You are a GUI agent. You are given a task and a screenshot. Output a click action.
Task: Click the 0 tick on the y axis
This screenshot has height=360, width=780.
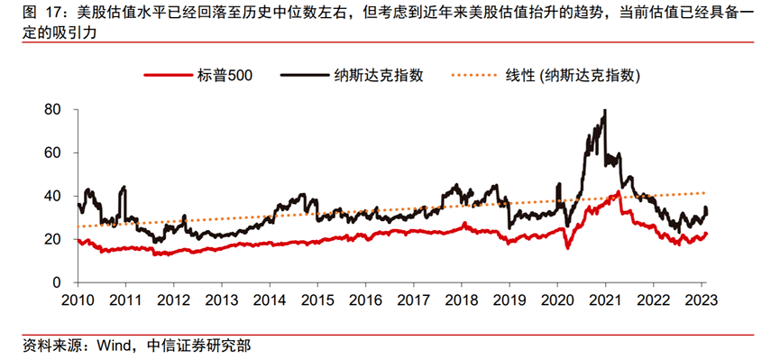click(x=57, y=282)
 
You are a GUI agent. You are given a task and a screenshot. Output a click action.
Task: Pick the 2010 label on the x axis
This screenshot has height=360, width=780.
click(x=78, y=300)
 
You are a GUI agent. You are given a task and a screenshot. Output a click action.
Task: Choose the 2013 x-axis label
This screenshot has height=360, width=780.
click(x=221, y=300)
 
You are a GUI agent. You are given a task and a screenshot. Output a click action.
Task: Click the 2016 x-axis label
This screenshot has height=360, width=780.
click(x=365, y=300)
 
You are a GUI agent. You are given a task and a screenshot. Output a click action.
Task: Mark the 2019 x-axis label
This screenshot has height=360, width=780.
click(x=509, y=300)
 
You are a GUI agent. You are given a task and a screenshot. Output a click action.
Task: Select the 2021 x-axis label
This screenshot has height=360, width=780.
click(x=605, y=300)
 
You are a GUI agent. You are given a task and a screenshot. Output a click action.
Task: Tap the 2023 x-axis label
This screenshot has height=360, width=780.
click(x=701, y=300)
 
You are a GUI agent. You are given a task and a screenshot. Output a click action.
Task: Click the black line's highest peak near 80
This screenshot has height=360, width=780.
click(x=603, y=111)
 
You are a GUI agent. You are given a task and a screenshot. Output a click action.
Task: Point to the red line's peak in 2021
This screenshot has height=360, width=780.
click(x=618, y=192)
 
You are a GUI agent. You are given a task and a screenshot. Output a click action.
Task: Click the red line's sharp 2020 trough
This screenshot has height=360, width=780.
click(x=567, y=247)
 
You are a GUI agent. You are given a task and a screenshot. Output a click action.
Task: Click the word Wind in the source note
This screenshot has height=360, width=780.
click(x=105, y=344)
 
